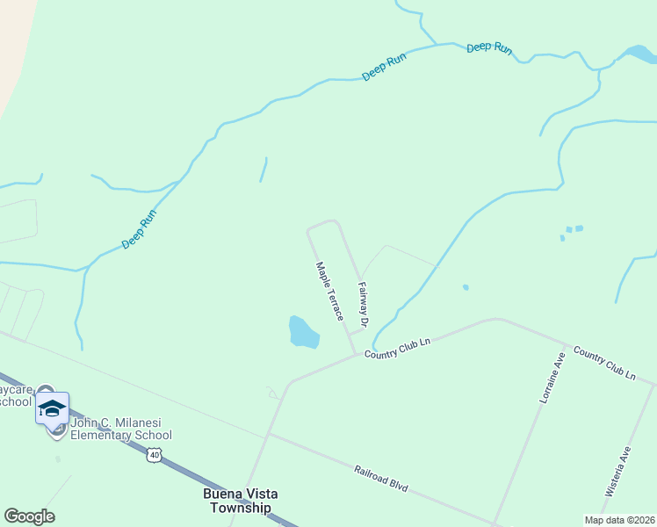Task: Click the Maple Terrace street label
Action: point(329,292)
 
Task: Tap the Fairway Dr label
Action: point(362,300)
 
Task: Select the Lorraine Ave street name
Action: point(550,379)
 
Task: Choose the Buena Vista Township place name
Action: point(241,501)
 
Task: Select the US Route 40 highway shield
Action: point(155,454)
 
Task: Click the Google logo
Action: point(29,516)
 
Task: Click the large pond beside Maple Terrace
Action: point(302,332)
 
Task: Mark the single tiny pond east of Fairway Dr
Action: point(466,286)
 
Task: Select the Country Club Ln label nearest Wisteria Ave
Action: point(603,363)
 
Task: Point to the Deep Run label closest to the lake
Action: point(489,47)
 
